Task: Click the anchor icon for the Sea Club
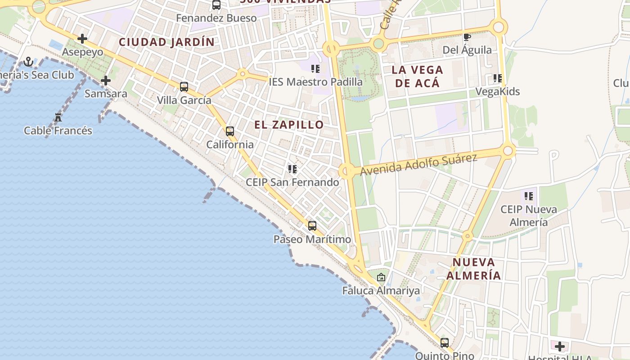click(x=29, y=62)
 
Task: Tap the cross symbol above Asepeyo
click(x=82, y=39)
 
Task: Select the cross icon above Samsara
click(x=106, y=81)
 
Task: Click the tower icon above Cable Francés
click(x=58, y=117)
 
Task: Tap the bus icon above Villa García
click(x=184, y=87)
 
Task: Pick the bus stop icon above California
click(x=230, y=131)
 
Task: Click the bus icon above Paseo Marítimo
click(x=312, y=226)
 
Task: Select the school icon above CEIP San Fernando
click(x=292, y=169)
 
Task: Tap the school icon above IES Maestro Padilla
click(x=315, y=69)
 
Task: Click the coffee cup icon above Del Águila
click(x=467, y=37)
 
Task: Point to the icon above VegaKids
click(x=498, y=78)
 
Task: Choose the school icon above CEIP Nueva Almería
click(x=529, y=196)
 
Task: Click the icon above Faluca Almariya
click(x=381, y=277)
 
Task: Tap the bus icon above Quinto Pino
click(x=445, y=343)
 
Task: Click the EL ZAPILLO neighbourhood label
click(x=289, y=125)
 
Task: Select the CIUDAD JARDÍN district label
click(x=166, y=42)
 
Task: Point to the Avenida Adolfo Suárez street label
click(x=418, y=165)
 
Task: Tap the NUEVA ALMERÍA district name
click(x=474, y=269)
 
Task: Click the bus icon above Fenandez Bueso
click(x=216, y=5)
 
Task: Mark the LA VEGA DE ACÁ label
click(x=417, y=76)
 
